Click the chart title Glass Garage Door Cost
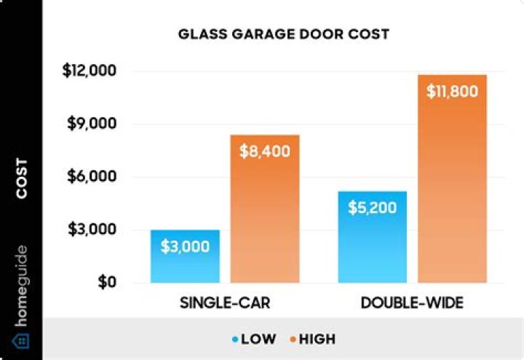pyautogui.click(x=284, y=34)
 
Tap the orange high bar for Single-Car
pyautogui.click(x=265, y=218)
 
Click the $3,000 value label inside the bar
pyautogui.click(x=185, y=246)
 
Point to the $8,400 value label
pyautogui.click(x=265, y=151)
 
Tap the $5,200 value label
pyautogui.click(x=372, y=208)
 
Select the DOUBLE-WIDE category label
pyautogui.click(x=412, y=302)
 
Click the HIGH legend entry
pyautogui.click(x=311, y=339)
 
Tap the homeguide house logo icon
pyautogui.click(x=21, y=340)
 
